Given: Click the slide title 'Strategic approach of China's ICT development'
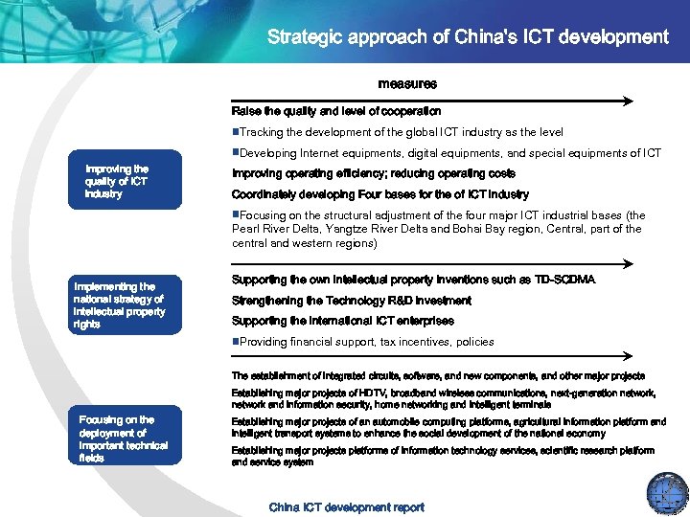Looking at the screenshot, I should pyautogui.click(x=468, y=37).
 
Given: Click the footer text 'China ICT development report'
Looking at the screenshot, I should pyautogui.click(x=346, y=506).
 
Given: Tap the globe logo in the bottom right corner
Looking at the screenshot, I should pyautogui.click(x=667, y=492).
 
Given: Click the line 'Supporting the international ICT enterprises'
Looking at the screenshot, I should pyautogui.click(x=342, y=321).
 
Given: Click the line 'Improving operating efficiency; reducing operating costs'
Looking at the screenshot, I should pyautogui.click(x=374, y=173).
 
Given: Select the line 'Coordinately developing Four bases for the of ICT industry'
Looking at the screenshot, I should pyautogui.click(x=379, y=194).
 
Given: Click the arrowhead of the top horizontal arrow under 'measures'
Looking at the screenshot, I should pyautogui.click(x=628, y=100).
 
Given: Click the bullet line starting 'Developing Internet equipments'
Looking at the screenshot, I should pyautogui.click(x=447, y=153).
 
